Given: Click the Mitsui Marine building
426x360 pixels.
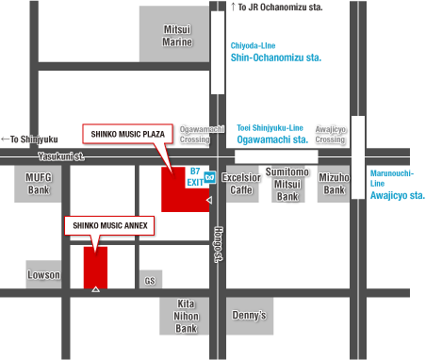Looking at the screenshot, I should (x=177, y=36).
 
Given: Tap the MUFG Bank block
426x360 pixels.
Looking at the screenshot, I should (x=37, y=183).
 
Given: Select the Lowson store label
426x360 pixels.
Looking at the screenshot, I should (x=43, y=275).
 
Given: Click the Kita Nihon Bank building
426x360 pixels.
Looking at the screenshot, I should (x=186, y=316).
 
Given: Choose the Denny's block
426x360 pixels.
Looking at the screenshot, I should (x=249, y=316).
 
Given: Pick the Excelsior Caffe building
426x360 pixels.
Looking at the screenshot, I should (x=242, y=183).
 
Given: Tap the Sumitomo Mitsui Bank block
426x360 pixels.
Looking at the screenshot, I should (x=287, y=184).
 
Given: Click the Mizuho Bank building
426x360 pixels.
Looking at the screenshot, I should (x=333, y=183).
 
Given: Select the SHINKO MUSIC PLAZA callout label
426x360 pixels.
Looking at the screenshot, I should (x=128, y=134).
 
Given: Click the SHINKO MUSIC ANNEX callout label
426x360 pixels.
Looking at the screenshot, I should (x=108, y=226).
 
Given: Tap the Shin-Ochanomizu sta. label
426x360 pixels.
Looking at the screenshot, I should (x=275, y=57).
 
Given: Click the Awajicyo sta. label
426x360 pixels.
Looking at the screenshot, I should (x=397, y=196).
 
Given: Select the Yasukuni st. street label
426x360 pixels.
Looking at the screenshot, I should (x=61, y=156).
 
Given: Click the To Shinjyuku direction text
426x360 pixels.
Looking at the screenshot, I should (x=30, y=139).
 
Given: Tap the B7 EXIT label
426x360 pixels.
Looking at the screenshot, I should (x=195, y=176).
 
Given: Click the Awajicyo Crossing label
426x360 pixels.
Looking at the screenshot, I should (x=331, y=134).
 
